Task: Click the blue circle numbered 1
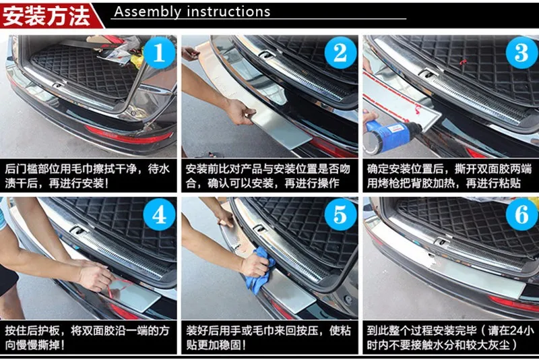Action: pyautogui.click(x=159, y=53)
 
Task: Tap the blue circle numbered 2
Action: pyautogui.click(x=340, y=53)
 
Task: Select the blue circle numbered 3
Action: pyautogui.click(x=521, y=53)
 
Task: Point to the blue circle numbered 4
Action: pyautogui.click(x=159, y=215)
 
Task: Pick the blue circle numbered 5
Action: pyautogui.click(x=340, y=215)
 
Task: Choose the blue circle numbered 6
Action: pyautogui.click(x=521, y=215)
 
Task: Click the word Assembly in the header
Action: pyautogui.click(x=148, y=12)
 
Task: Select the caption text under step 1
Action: pyautogui.click(x=88, y=176)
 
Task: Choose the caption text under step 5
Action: pyautogui.click(x=268, y=338)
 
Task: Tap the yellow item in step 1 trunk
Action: pyautogui.click(x=137, y=59)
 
